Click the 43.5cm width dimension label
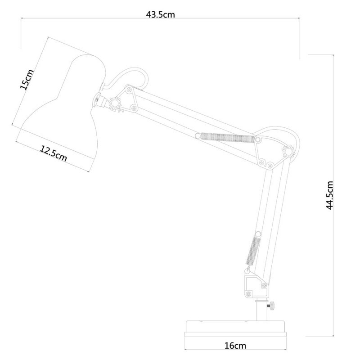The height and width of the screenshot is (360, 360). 161,14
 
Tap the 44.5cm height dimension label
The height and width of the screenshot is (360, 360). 329,195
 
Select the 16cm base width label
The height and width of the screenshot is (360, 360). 235,346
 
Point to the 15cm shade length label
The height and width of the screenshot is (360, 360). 27,79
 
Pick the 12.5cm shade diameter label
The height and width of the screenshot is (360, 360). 54,153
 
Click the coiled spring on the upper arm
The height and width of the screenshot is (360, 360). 228,138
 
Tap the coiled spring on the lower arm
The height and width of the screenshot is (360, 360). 252,251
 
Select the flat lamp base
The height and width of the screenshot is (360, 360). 235,329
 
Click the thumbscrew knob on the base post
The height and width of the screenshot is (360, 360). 272,306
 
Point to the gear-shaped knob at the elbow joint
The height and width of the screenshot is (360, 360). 288,152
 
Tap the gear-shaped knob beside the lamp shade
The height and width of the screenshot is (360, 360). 115,103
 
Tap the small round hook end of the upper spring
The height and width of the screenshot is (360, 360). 198,136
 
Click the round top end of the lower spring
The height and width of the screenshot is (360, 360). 258,234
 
